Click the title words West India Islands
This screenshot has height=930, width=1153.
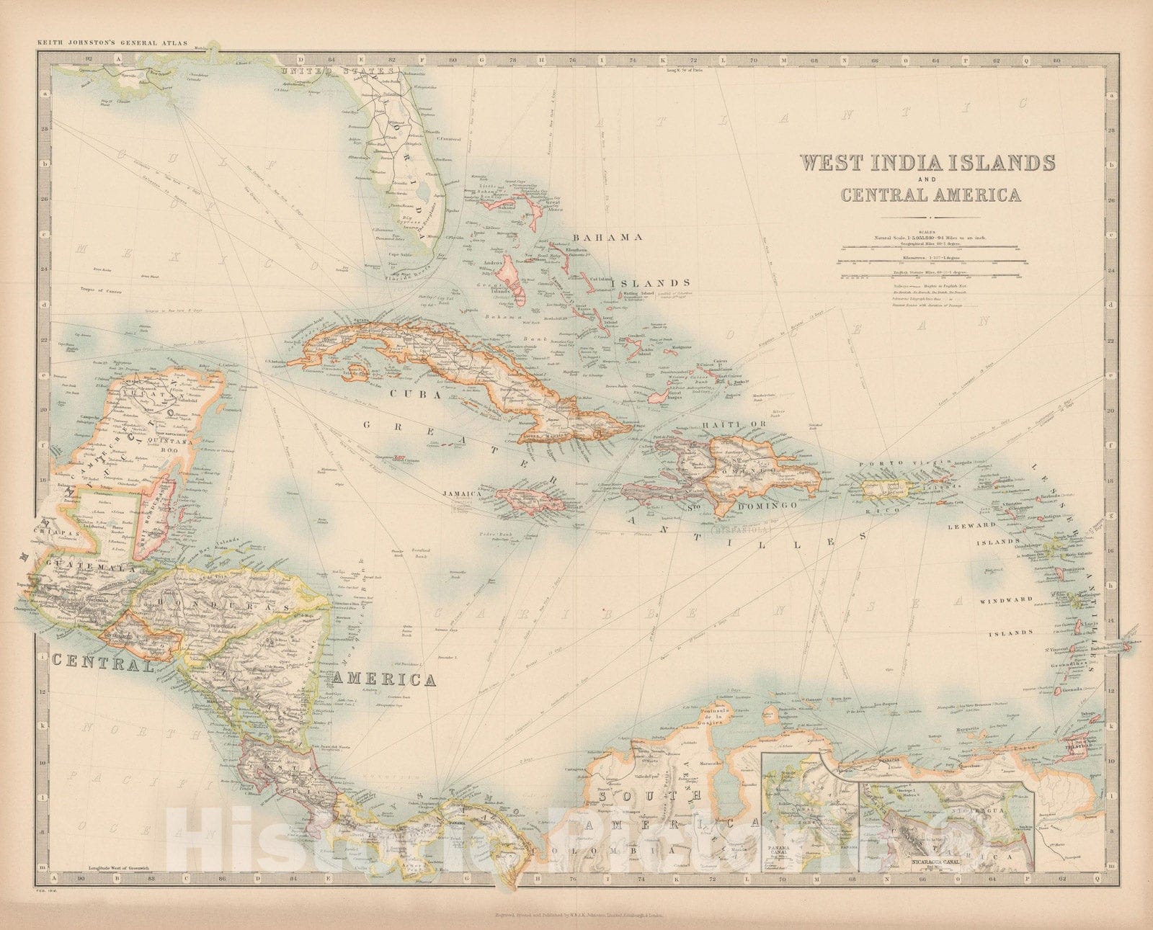click(929, 162)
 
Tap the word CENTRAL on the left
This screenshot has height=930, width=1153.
click(102, 663)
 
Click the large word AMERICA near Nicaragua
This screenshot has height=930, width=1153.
click(385, 679)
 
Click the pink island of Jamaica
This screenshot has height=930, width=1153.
click(527, 500)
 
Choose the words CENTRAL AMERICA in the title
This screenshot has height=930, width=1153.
click(929, 195)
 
